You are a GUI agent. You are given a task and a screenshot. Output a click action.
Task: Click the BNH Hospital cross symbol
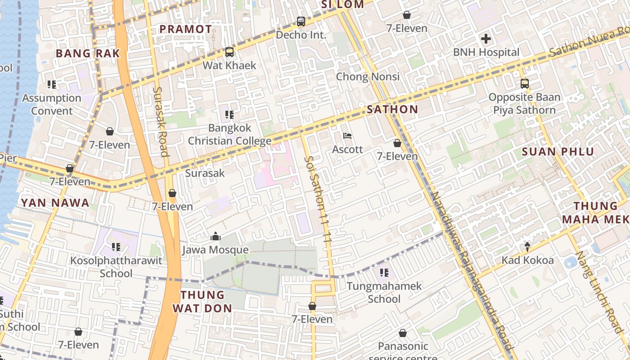coord(486,39)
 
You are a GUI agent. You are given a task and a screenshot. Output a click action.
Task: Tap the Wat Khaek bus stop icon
coord(229,52)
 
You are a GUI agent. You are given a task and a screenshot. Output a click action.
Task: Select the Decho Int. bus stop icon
coord(301,21)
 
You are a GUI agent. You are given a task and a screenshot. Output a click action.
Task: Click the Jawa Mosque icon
coord(216,236)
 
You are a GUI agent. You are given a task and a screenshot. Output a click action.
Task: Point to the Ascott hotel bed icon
coord(347,136)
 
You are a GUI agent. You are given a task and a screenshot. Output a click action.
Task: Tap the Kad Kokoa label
coord(527,260)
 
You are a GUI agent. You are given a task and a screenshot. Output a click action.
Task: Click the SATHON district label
coord(392,109)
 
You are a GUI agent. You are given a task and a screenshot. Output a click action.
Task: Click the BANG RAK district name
coord(88,54)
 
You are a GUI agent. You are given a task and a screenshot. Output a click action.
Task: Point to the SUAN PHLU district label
coord(558,152)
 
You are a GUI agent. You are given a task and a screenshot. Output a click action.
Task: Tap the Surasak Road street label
coord(161,121)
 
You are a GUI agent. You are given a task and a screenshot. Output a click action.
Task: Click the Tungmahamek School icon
coord(384,272)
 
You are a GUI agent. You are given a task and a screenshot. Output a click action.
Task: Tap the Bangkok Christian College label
coord(229,135)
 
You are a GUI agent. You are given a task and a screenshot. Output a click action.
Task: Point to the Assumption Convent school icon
coord(52,85)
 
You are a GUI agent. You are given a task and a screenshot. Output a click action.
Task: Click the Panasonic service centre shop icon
coord(402,333)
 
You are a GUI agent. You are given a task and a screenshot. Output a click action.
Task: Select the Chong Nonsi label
coord(368,76)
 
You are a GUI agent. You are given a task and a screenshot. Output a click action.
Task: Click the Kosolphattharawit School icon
coord(116,247)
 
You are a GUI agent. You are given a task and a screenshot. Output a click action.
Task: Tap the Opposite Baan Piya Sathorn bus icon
coord(524,83)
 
